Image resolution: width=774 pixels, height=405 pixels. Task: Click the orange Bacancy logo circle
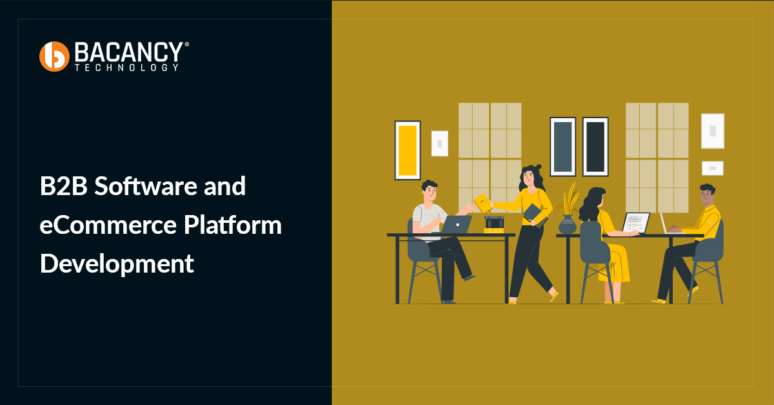54,56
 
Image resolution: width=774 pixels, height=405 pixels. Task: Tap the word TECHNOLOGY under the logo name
126,67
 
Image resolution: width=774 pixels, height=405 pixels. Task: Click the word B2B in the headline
63,187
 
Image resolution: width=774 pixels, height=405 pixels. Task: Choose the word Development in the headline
117,264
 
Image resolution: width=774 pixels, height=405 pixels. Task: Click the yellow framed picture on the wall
408,150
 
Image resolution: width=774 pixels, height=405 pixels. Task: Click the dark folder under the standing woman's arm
534,213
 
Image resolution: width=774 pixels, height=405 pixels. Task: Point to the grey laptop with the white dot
457,224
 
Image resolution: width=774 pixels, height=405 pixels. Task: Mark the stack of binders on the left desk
494,224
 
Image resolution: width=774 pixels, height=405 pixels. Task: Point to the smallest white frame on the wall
713,168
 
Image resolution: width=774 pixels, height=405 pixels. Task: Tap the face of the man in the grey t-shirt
430,191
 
